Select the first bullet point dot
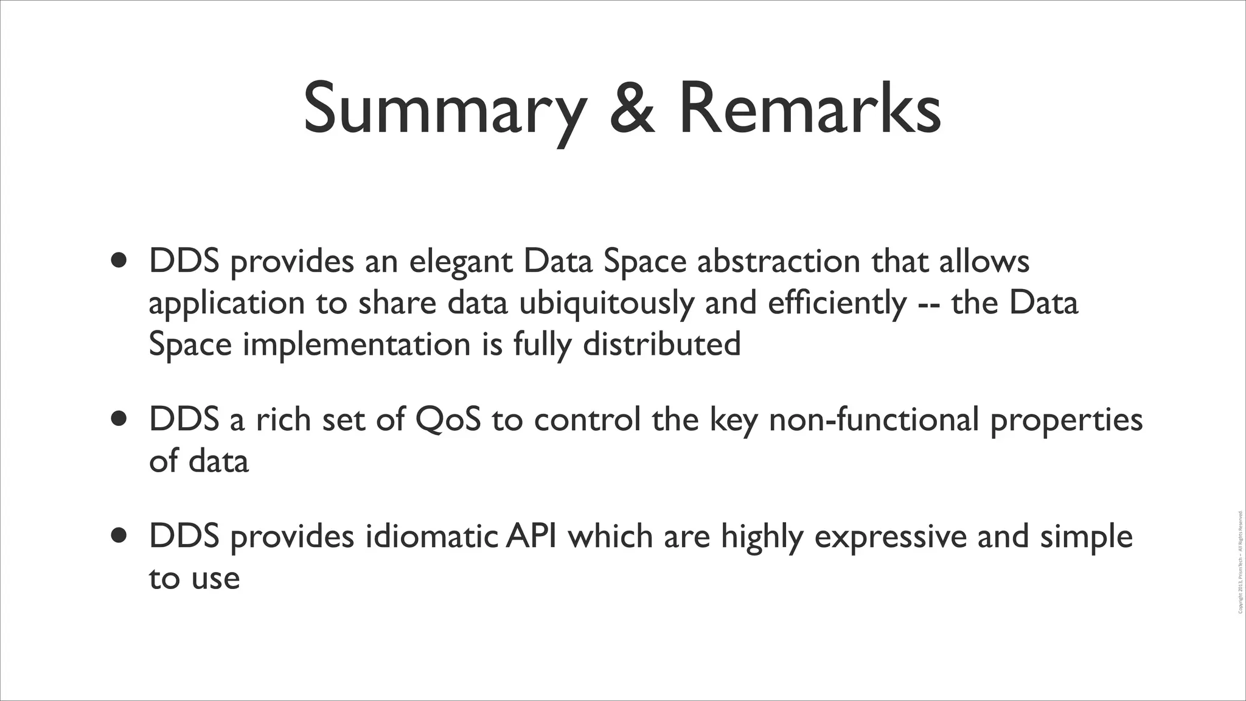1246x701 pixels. coord(120,260)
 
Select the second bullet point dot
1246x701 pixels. coord(120,419)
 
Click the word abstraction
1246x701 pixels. coord(778,262)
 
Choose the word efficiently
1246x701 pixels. coord(837,303)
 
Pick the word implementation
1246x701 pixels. coord(357,345)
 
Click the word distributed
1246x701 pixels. coord(661,344)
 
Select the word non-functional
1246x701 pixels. coord(874,420)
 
